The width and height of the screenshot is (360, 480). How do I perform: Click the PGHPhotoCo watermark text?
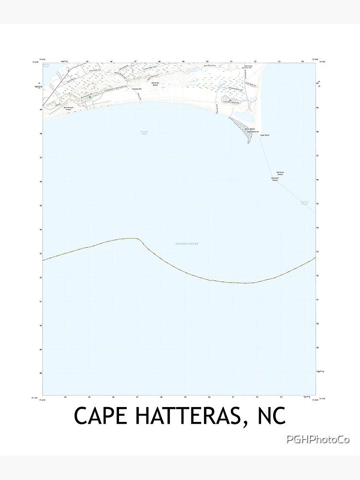pyautogui.click(x=317, y=439)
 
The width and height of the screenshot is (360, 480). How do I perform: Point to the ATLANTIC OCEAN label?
pyautogui.click(x=187, y=244)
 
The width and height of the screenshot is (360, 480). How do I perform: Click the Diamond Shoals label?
pyautogui.click(x=275, y=179)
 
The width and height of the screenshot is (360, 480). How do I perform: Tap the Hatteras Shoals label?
pyautogui.click(x=280, y=173)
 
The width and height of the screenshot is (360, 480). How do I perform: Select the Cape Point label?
pyautogui.click(x=265, y=136)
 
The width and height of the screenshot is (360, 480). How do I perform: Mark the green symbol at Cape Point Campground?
pyautogui.click(x=230, y=101)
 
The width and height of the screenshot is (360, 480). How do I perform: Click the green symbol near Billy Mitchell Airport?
pyautogui.click(x=89, y=97)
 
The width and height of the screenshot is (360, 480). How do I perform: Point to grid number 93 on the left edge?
pyautogui.click(x=41, y=253)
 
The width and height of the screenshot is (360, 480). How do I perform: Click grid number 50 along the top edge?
pyautogui.click(x=207, y=61)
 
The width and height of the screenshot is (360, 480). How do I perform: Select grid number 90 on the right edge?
pyautogui.click(x=318, y=324)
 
